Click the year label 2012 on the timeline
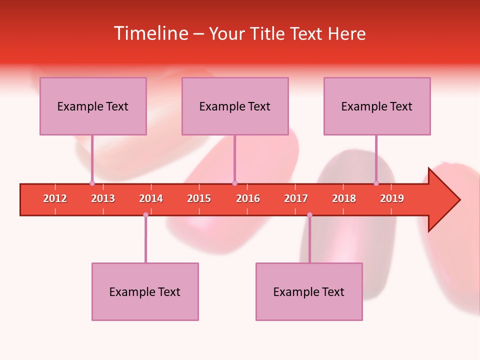55,198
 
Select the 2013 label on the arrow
103,198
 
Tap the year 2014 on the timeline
151,198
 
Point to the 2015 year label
199,198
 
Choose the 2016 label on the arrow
248,198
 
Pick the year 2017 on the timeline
296,198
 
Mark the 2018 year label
344,198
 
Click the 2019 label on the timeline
392,198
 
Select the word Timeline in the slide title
150,33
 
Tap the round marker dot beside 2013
92,183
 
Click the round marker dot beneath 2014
145,214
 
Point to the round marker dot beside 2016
234,183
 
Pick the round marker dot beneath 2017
309,214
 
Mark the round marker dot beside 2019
376,183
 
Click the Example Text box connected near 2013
93,106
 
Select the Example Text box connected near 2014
145,291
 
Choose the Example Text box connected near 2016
235,106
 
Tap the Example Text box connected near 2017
309,291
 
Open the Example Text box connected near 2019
377,106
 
